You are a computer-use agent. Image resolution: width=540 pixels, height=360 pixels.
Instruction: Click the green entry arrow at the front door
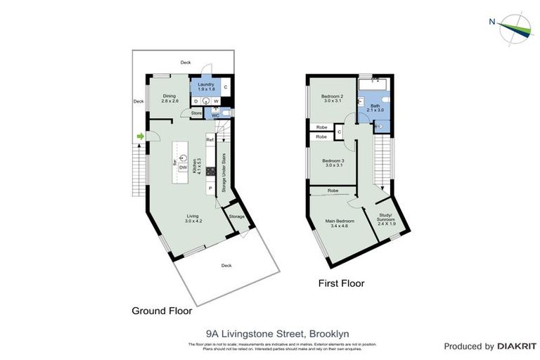140,136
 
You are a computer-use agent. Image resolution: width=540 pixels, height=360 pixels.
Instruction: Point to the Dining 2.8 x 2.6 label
169,99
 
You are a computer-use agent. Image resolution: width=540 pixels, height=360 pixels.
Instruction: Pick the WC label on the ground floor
216,116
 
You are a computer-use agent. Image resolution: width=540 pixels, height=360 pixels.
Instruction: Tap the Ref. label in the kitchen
210,140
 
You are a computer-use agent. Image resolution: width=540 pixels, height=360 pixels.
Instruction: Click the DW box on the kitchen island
183,168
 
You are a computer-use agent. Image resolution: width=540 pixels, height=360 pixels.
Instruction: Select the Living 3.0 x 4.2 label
193,219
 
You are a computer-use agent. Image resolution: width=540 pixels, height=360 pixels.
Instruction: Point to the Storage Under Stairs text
224,172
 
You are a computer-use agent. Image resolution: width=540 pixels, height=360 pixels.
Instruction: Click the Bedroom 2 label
332,98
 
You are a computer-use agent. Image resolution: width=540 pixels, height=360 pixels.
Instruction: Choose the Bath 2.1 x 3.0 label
375,108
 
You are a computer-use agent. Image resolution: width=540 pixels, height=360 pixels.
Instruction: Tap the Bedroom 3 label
332,162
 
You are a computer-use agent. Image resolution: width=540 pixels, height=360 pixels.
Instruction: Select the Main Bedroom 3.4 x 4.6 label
340,224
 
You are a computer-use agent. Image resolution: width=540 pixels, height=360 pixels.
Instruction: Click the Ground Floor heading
162,310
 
